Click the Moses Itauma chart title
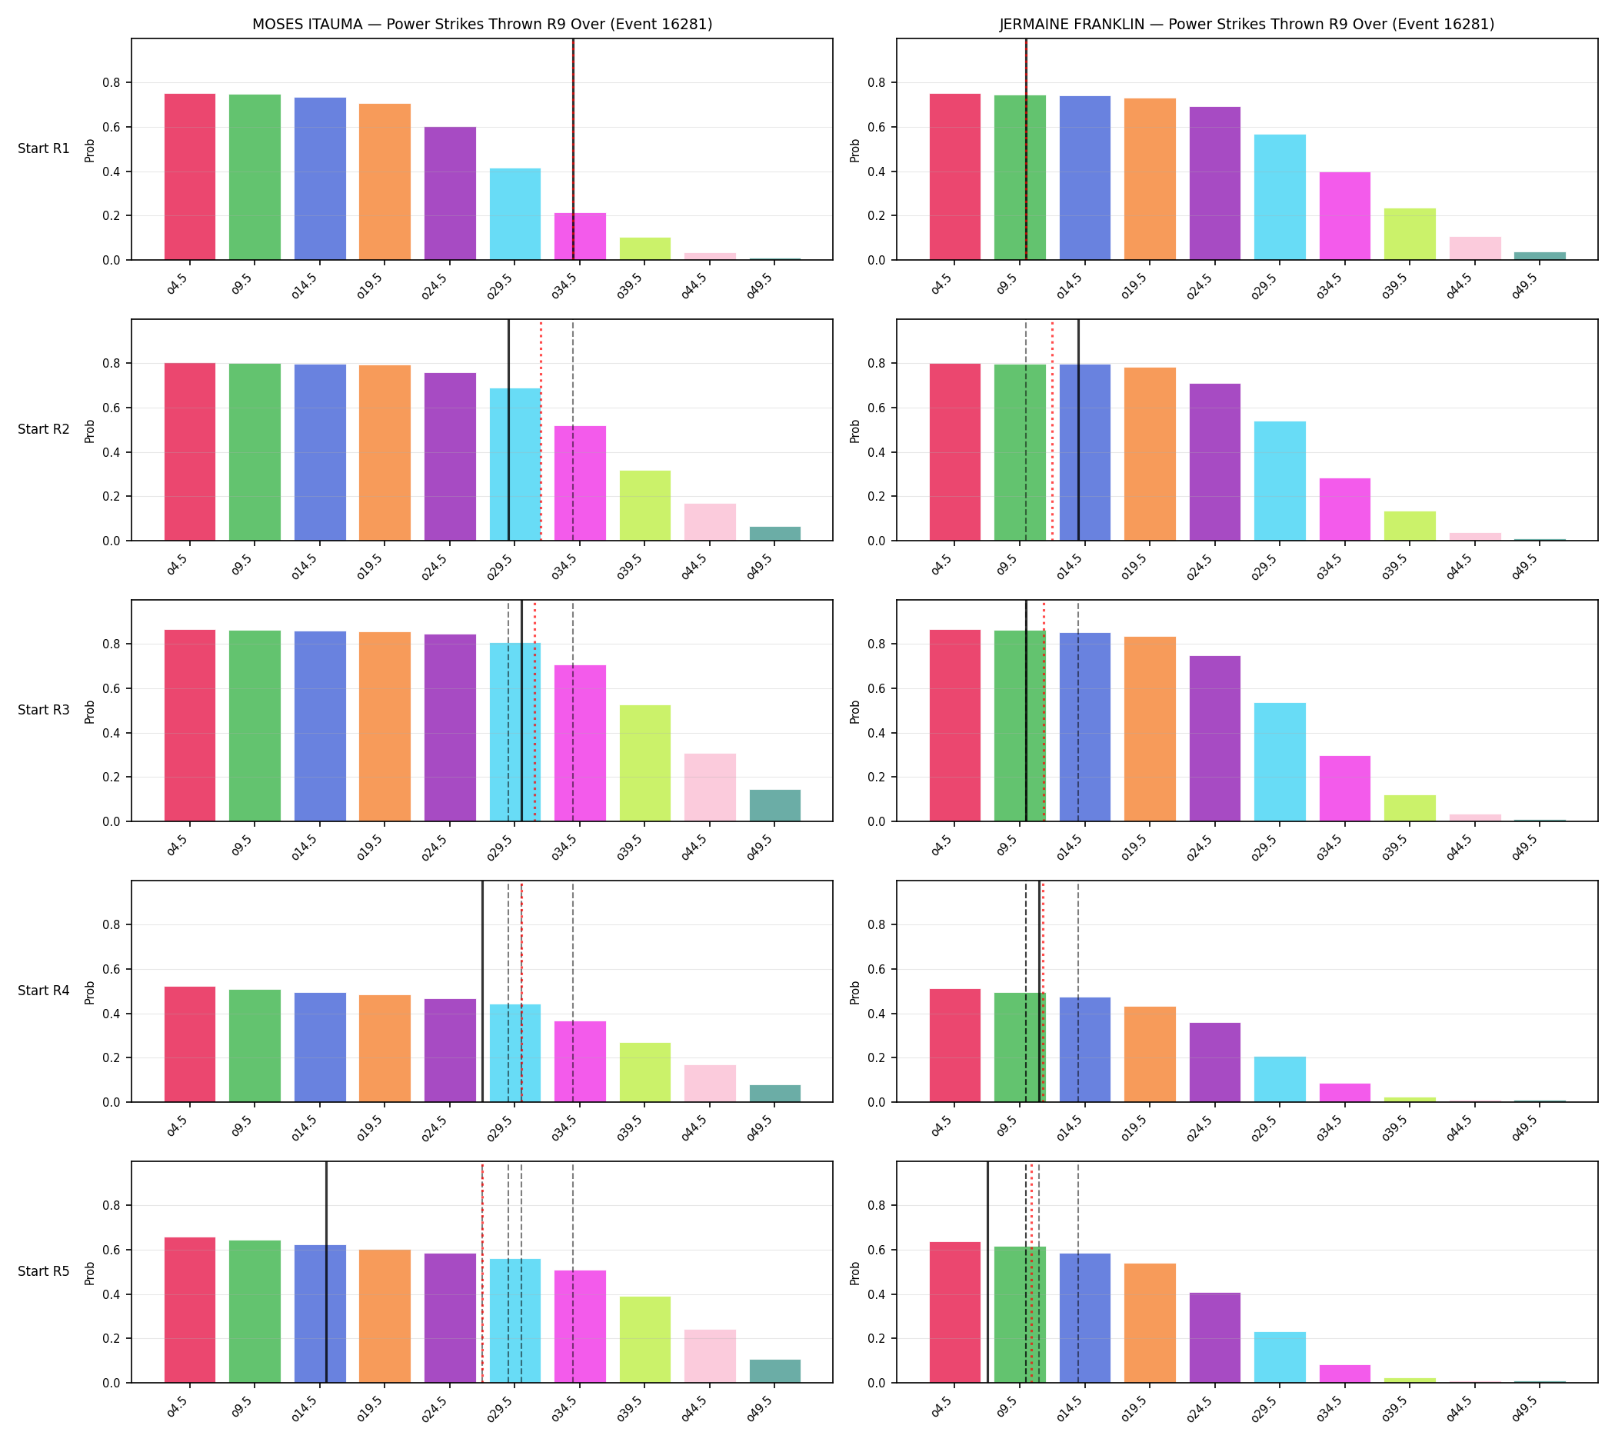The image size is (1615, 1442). pos(481,24)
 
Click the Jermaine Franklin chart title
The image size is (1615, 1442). pos(1247,24)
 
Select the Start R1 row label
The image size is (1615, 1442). pos(44,148)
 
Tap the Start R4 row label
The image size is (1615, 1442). pos(44,991)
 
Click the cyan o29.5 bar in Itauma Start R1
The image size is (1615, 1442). pos(515,214)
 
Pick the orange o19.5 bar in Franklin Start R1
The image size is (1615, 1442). pos(1150,179)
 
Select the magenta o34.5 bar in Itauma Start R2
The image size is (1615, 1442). pos(580,483)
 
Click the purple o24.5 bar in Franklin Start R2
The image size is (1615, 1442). pos(1215,462)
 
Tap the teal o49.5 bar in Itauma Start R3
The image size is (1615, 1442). pos(775,805)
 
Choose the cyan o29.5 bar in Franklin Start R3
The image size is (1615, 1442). pos(1280,762)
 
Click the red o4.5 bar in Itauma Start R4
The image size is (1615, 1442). pos(190,1044)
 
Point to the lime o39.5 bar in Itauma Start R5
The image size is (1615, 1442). pos(645,1340)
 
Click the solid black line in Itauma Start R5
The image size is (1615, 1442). pos(327,1272)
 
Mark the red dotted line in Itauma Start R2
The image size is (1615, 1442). pos(541,429)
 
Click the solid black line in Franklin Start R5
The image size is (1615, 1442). pos(987,1272)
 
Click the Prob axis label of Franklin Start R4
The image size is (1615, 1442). pos(855,993)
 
